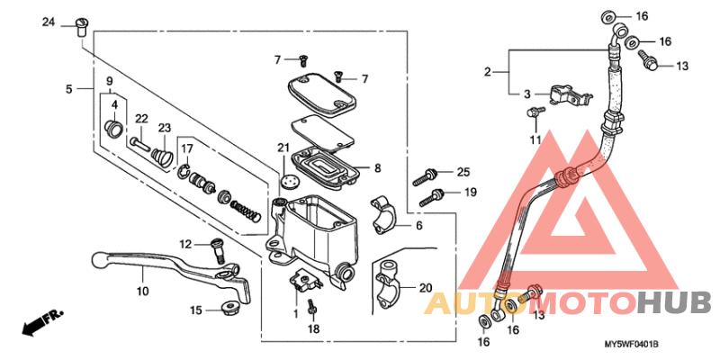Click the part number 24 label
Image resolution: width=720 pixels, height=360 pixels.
[49, 22]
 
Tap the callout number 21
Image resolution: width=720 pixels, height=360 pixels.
[283, 148]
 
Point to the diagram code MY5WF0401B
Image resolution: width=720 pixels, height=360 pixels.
[631, 345]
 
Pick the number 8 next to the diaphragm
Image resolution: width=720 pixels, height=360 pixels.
[377, 167]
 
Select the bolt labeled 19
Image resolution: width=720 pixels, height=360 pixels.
[437, 193]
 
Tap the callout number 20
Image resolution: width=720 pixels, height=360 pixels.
[426, 288]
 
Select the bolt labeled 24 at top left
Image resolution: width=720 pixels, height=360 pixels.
[80, 25]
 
